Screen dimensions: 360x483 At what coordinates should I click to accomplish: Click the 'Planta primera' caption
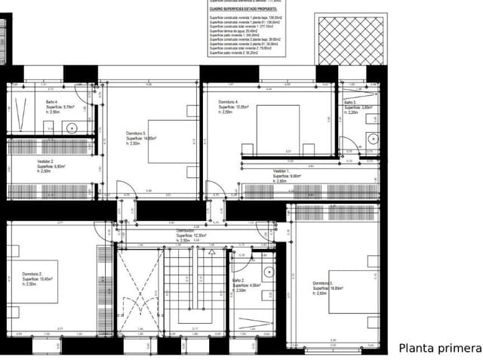coord(439,348)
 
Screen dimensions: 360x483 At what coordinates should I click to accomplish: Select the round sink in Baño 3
coord(372,138)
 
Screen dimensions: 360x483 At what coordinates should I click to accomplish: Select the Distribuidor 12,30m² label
coord(192,235)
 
